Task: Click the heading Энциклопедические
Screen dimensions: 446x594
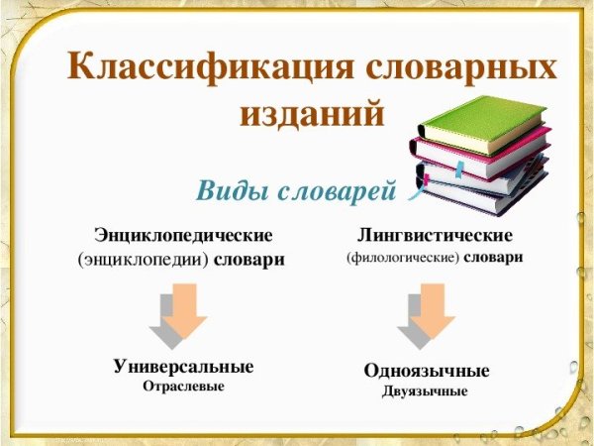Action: pyautogui.click(x=183, y=236)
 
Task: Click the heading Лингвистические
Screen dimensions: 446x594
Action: pyautogui.click(x=435, y=236)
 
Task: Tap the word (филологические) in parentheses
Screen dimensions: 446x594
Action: pyautogui.click(x=402, y=258)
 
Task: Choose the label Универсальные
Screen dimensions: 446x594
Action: pyautogui.click(x=183, y=367)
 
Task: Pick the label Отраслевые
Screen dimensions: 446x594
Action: pyautogui.click(x=183, y=387)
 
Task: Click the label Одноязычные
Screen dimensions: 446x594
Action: pyautogui.click(x=427, y=372)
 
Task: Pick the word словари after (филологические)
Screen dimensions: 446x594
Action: pyautogui.click(x=492, y=258)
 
